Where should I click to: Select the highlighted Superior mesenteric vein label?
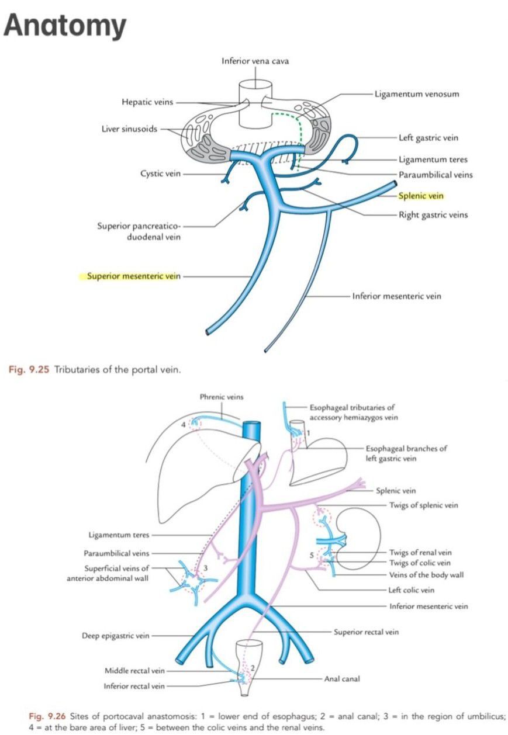click(x=134, y=276)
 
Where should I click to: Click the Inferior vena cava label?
click(x=255, y=61)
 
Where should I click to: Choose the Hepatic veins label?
click(x=147, y=102)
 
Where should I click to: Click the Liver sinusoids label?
click(x=129, y=129)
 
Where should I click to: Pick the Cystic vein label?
click(x=159, y=174)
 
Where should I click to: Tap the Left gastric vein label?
click(x=428, y=138)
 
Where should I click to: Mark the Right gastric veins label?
click(x=433, y=214)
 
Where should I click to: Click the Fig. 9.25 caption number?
click(x=29, y=370)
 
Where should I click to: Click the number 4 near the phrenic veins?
click(x=183, y=425)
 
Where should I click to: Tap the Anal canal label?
click(x=342, y=678)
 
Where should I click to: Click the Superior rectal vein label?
click(x=366, y=632)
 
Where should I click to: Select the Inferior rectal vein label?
click(x=134, y=686)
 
